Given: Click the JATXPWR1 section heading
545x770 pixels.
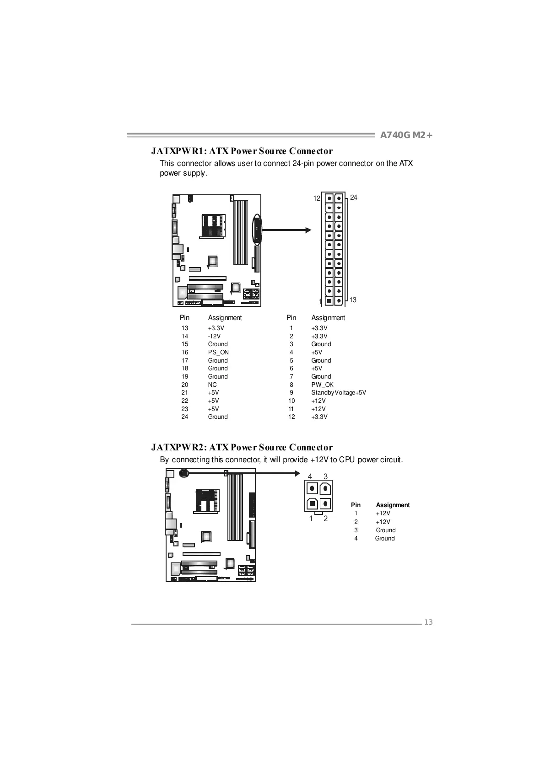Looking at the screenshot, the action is pyautogui.click(x=242, y=151).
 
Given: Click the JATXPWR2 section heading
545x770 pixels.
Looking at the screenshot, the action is pyautogui.click(x=242, y=447).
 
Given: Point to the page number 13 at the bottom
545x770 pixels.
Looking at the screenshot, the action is pyautogui.click(x=428, y=622).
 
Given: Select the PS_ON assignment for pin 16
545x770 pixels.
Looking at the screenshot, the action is pyautogui.click(x=218, y=352).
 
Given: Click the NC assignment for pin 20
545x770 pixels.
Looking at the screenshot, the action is pyautogui.click(x=212, y=385).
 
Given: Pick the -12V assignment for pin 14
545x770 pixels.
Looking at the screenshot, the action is pyautogui.click(x=214, y=336).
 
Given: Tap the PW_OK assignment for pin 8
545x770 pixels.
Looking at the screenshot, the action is pyautogui.click(x=322, y=385).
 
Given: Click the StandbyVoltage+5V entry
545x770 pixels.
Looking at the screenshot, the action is pyautogui.click(x=339, y=392).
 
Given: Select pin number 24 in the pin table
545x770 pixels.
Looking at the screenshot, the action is pyautogui.click(x=185, y=417).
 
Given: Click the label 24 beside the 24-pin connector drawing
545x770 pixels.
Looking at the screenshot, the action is pyautogui.click(x=353, y=198).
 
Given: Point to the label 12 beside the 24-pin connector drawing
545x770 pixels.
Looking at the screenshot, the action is pyautogui.click(x=317, y=198).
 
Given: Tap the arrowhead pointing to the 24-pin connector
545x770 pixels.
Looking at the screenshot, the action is pyautogui.click(x=308, y=230).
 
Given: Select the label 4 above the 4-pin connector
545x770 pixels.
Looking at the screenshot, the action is pyautogui.click(x=310, y=476).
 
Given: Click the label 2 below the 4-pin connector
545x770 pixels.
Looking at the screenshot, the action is pyautogui.click(x=325, y=519).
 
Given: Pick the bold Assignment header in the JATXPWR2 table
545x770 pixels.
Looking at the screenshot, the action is pyautogui.click(x=393, y=505).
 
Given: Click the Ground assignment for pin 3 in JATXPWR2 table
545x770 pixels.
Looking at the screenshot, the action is pyautogui.click(x=386, y=530).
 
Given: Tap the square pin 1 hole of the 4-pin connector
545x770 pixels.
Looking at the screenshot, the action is pyautogui.click(x=312, y=503).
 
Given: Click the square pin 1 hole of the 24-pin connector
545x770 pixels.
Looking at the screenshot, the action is pyautogui.click(x=329, y=301).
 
